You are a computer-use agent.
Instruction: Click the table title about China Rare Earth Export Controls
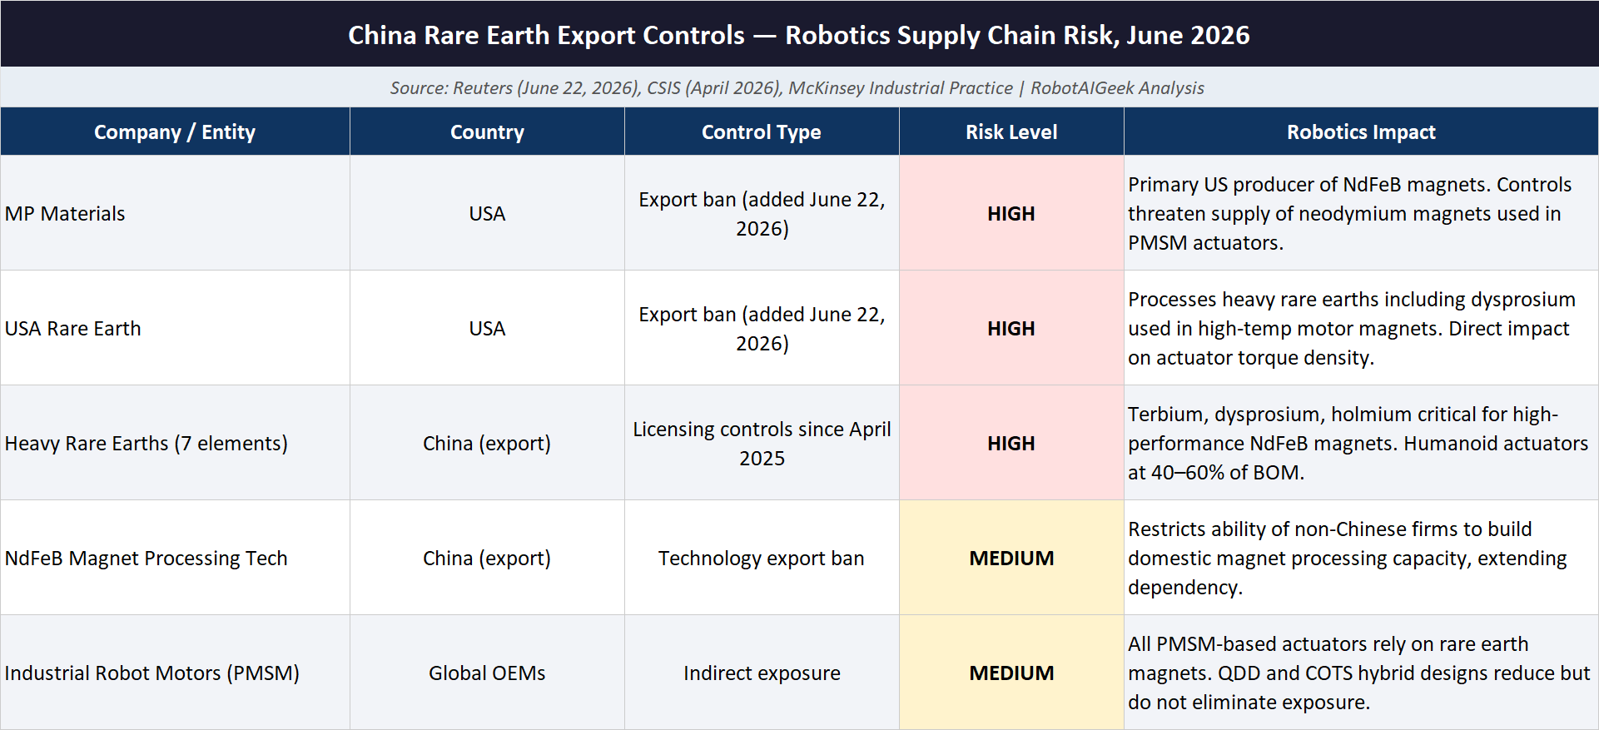(x=798, y=35)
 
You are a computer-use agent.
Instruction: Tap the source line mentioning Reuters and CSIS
(x=797, y=88)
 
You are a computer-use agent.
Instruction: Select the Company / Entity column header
(x=175, y=132)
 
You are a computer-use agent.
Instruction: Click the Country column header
(x=487, y=132)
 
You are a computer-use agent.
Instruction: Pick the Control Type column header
(x=762, y=132)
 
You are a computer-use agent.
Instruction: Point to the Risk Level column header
(x=1011, y=132)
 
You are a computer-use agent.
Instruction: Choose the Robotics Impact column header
(x=1361, y=132)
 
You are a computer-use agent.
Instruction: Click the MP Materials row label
(x=65, y=214)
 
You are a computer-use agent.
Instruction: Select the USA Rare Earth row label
(x=73, y=329)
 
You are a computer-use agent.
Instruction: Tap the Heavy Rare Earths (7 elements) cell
(x=146, y=444)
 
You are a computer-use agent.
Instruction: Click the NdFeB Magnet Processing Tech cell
(x=146, y=559)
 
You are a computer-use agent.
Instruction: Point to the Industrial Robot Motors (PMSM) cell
(x=152, y=673)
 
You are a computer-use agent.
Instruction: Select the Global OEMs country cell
(x=487, y=673)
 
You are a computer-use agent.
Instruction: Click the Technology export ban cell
(x=762, y=559)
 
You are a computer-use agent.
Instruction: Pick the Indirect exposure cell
(x=762, y=673)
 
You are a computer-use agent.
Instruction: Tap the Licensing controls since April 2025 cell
(x=762, y=444)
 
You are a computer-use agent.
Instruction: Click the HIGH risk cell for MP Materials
(x=1011, y=214)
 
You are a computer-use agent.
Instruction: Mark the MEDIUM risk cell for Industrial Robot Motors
(x=1011, y=673)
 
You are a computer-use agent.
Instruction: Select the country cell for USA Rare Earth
(x=487, y=329)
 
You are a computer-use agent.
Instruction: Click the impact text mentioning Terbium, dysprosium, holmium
(x=1358, y=444)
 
